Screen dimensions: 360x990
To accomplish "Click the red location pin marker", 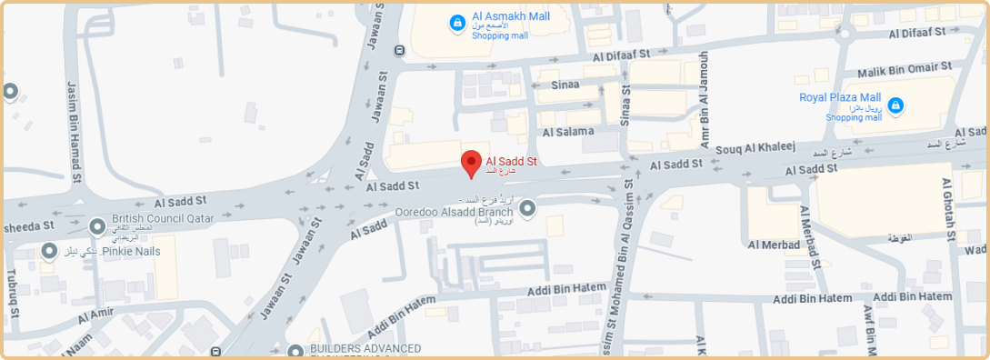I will click(x=471, y=164).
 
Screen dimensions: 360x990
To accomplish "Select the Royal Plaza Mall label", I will click(x=840, y=97).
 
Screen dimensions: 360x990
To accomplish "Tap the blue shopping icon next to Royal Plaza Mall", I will click(x=895, y=105).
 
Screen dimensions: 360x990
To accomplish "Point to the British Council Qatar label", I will click(x=163, y=219).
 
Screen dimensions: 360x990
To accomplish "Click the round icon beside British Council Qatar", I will click(x=97, y=225).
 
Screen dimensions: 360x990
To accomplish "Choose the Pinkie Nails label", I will click(x=130, y=250).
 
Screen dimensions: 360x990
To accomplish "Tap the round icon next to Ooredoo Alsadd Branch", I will click(x=527, y=208).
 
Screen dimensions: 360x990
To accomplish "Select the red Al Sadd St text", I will click(x=512, y=161).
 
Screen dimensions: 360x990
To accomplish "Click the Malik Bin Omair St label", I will click(x=905, y=67).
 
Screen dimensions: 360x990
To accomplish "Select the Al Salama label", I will click(x=567, y=132).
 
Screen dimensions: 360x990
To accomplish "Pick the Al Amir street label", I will click(x=95, y=315).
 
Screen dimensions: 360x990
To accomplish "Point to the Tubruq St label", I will click(x=13, y=289).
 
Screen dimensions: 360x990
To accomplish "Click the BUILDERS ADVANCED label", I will click(x=365, y=348).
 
